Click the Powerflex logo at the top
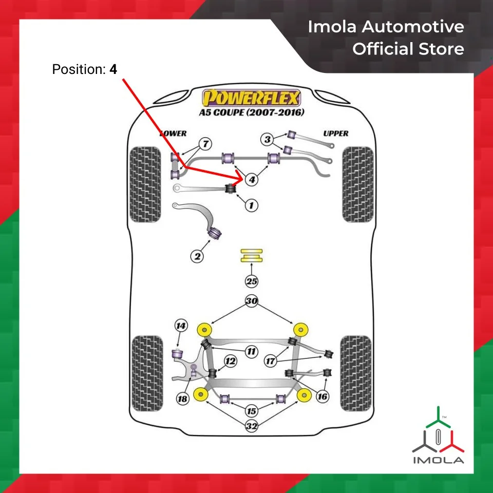pos(251,97)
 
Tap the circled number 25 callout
pos(251,281)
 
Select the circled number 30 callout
pos(251,302)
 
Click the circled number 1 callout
pos(251,205)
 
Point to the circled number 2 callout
pos(197,256)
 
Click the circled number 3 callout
pos(267,139)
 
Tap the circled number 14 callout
pos(180,326)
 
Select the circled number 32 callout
pos(252,426)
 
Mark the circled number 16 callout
pos(323,396)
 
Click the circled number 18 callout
pos(182,399)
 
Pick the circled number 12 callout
pos(231,362)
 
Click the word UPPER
pos(336,134)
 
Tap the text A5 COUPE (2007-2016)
pos(251,112)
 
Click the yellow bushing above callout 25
pos(251,255)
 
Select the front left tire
pos(146,184)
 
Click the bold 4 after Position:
pos(113,69)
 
